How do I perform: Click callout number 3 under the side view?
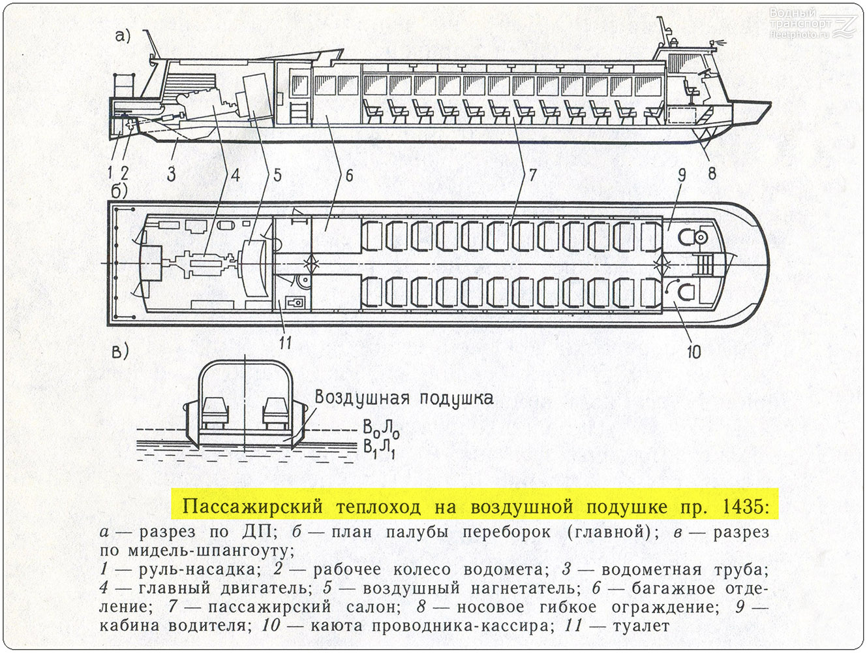tap(171, 174)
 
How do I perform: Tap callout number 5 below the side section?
tap(277, 175)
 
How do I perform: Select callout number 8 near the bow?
tap(712, 173)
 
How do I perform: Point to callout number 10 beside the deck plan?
tap(693, 351)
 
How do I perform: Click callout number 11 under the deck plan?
tap(285, 342)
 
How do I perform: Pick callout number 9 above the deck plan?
tap(682, 176)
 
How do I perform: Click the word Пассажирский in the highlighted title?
tap(252, 507)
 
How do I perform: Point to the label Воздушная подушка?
tap(404, 398)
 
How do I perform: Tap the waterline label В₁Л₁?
tap(380, 450)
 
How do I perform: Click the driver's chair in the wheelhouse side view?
tap(692, 92)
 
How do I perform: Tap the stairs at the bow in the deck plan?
tap(705, 264)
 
